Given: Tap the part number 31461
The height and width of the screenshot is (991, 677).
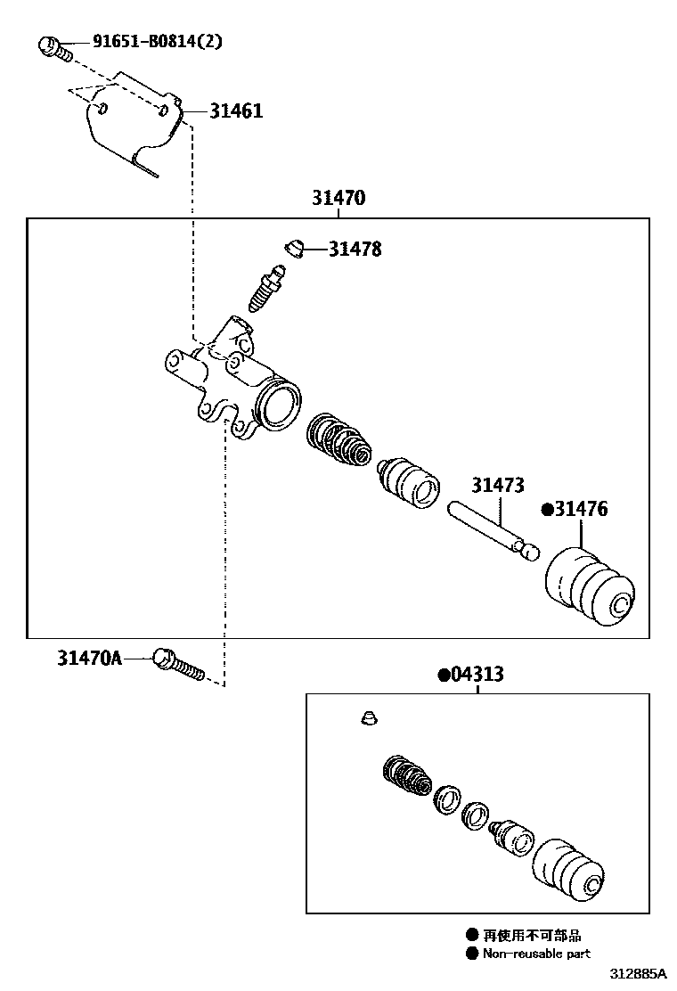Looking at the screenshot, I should point(236,111).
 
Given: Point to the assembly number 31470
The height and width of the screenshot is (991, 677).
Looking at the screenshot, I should point(338,198).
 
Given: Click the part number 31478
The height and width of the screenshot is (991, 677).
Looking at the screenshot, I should point(355,250).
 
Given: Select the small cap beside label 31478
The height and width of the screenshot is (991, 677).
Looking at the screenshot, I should point(293,245).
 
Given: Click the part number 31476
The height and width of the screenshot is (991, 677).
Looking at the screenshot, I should point(580,509).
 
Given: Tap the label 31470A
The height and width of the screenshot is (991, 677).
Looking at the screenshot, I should point(89,659).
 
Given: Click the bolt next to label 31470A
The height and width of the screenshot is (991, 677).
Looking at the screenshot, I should point(179,667).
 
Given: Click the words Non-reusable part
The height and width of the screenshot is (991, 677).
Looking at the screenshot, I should point(535,953).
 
